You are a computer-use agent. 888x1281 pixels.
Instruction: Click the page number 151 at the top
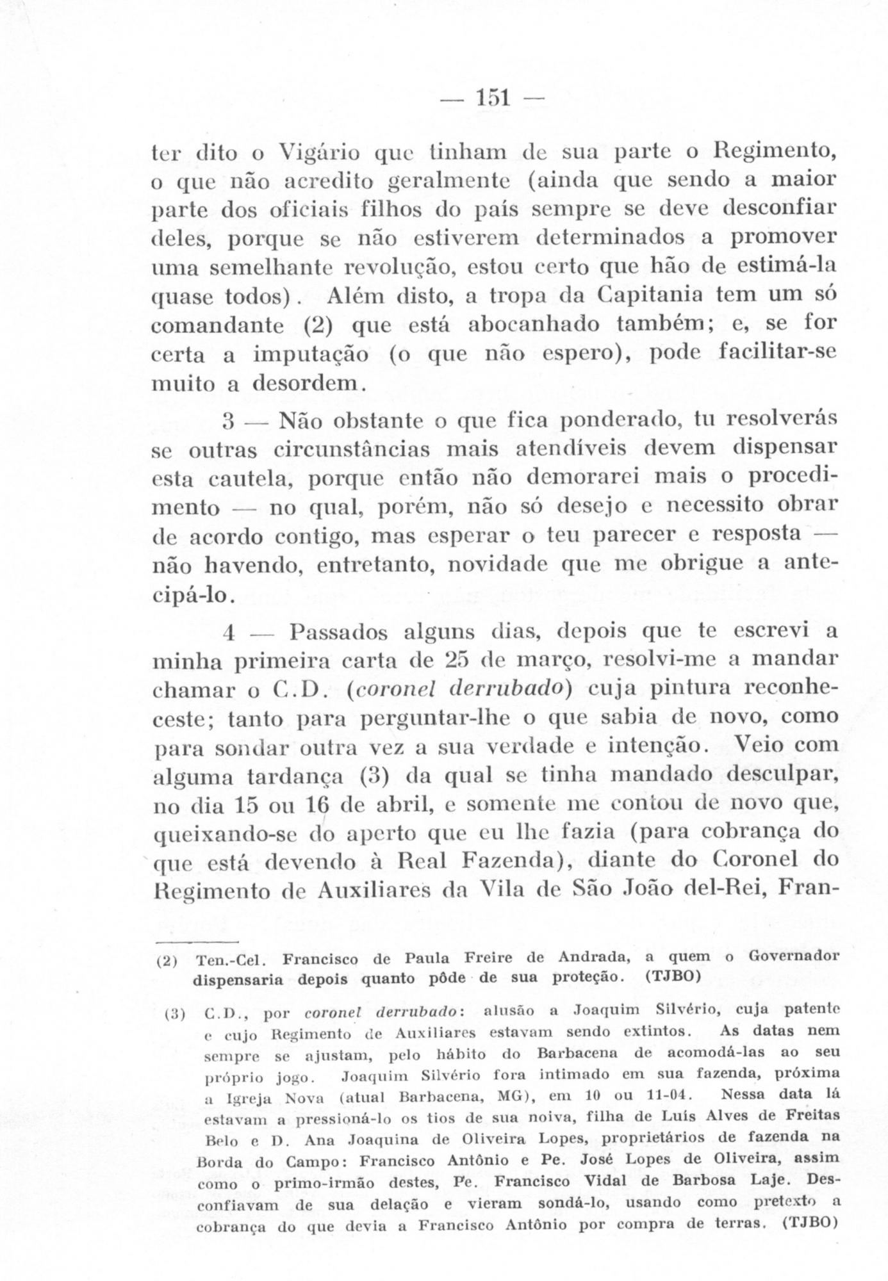pos(492,97)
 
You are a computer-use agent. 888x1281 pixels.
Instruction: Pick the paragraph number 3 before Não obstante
pos(229,423)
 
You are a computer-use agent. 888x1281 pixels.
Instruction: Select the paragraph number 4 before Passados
pos(229,633)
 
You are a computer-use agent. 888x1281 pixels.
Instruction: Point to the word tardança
pos(299,776)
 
